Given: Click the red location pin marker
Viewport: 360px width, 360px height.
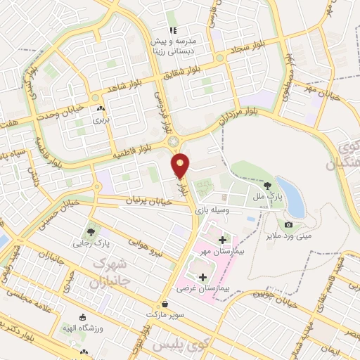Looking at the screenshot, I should point(181,165).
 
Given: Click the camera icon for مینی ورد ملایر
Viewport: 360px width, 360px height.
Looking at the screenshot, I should point(288,224).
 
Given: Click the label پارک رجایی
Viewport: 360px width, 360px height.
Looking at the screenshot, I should point(91,243).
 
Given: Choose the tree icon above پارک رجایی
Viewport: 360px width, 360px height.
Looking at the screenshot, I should point(91,231).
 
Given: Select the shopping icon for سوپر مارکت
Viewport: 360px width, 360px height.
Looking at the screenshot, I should point(165,304).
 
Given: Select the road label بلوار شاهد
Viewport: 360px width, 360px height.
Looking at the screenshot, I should point(124,86).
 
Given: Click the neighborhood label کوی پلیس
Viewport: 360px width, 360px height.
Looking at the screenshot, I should point(172,346).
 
